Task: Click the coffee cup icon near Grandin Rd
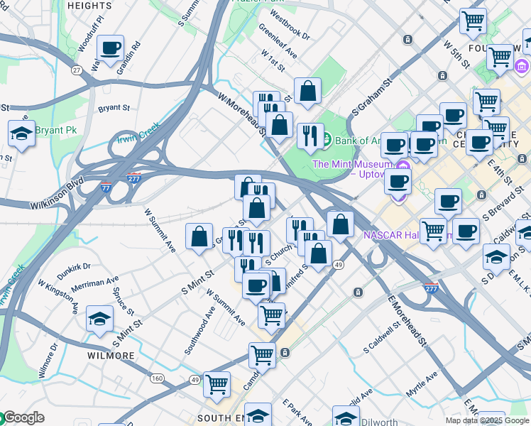pos(110,49)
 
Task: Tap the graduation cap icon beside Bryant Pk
pos(22,133)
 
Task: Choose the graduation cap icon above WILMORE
pos(99,319)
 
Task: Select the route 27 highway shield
pos(77,70)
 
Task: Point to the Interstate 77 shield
pos(106,187)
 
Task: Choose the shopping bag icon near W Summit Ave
pos(199,236)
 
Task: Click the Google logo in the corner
pos(23,417)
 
